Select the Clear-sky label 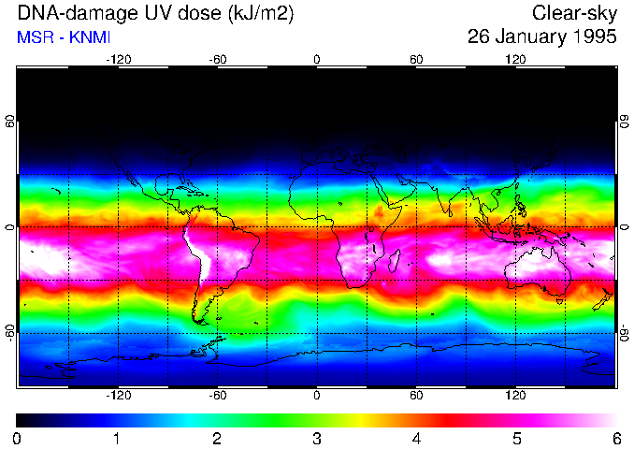[574, 13]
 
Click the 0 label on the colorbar [18, 438]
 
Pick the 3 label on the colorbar [317, 438]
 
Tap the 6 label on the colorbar [615, 438]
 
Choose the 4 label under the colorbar [416, 438]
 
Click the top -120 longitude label [118, 60]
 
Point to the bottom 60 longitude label [416, 395]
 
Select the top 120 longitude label [516, 60]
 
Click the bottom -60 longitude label [217, 395]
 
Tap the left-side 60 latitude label [11, 122]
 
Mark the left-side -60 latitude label [11, 332]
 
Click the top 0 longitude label [317, 60]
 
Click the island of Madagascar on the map [396, 261]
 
